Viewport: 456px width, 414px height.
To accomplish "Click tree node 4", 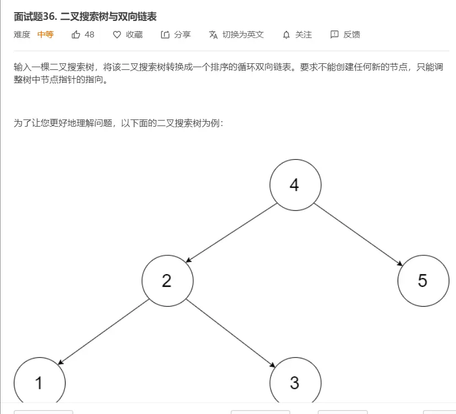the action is coord(295,185).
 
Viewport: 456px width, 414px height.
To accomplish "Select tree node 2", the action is coord(167,281).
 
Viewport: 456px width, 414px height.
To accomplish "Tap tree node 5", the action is coord(422,281).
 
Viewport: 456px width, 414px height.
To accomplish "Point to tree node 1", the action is coord(39,382).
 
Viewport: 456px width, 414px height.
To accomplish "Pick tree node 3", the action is coord(295,382).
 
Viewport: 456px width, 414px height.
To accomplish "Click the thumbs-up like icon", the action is coord(76,35).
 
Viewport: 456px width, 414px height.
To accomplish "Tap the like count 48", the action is coord(89,35).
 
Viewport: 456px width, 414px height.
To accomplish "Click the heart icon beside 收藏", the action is coord(117,35).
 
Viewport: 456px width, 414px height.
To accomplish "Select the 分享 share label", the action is coord(182,35).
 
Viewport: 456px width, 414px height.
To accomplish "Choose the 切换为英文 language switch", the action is coord(243,35).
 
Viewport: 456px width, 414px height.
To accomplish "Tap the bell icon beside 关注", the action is coord(286,35).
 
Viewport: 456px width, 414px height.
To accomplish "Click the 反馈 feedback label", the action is coord(351,35).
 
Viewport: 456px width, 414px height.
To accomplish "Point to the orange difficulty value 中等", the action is coord(46,35).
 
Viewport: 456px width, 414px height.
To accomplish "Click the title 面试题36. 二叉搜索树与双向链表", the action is coord(85,17).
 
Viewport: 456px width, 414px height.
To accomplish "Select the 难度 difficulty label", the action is coord(22,35).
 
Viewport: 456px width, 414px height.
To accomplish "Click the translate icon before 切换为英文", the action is coord(214,35).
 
